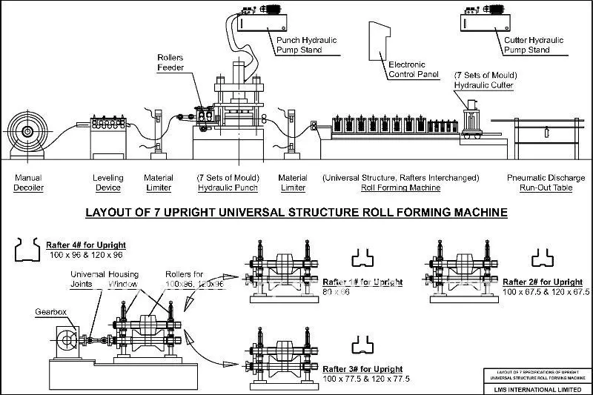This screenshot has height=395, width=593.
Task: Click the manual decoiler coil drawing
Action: click(28, 133)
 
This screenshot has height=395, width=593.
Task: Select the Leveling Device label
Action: click(107, 183)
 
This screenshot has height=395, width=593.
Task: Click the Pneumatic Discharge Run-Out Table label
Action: click(546, 183)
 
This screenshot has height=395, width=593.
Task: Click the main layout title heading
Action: click(296, 213)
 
